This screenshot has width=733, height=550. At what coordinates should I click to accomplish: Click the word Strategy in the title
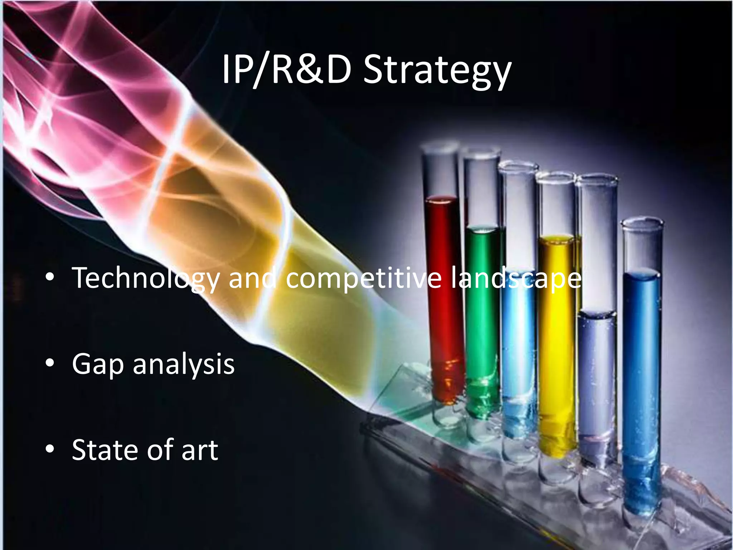(x=437, y=71)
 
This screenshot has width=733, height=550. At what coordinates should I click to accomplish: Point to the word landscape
(x=516, y=279)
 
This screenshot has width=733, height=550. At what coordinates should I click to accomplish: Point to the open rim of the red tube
(x=440, y=146)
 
